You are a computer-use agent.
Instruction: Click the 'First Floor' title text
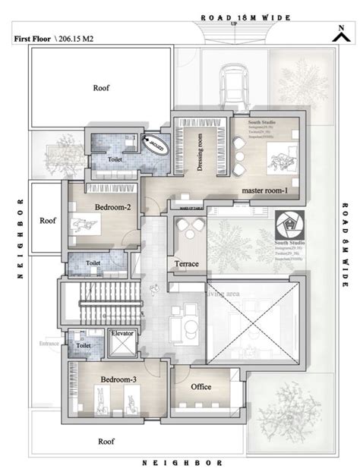coord(32,36)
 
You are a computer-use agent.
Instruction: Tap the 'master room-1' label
coord(264,191)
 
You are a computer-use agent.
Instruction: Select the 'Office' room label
coord(201,387)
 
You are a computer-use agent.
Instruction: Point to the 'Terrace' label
coord(185,263)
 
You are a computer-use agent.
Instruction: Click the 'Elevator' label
coord(122,332)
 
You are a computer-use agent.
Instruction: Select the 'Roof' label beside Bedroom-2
coord(48,222)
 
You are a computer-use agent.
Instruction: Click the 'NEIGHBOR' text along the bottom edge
coord(182,461)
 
